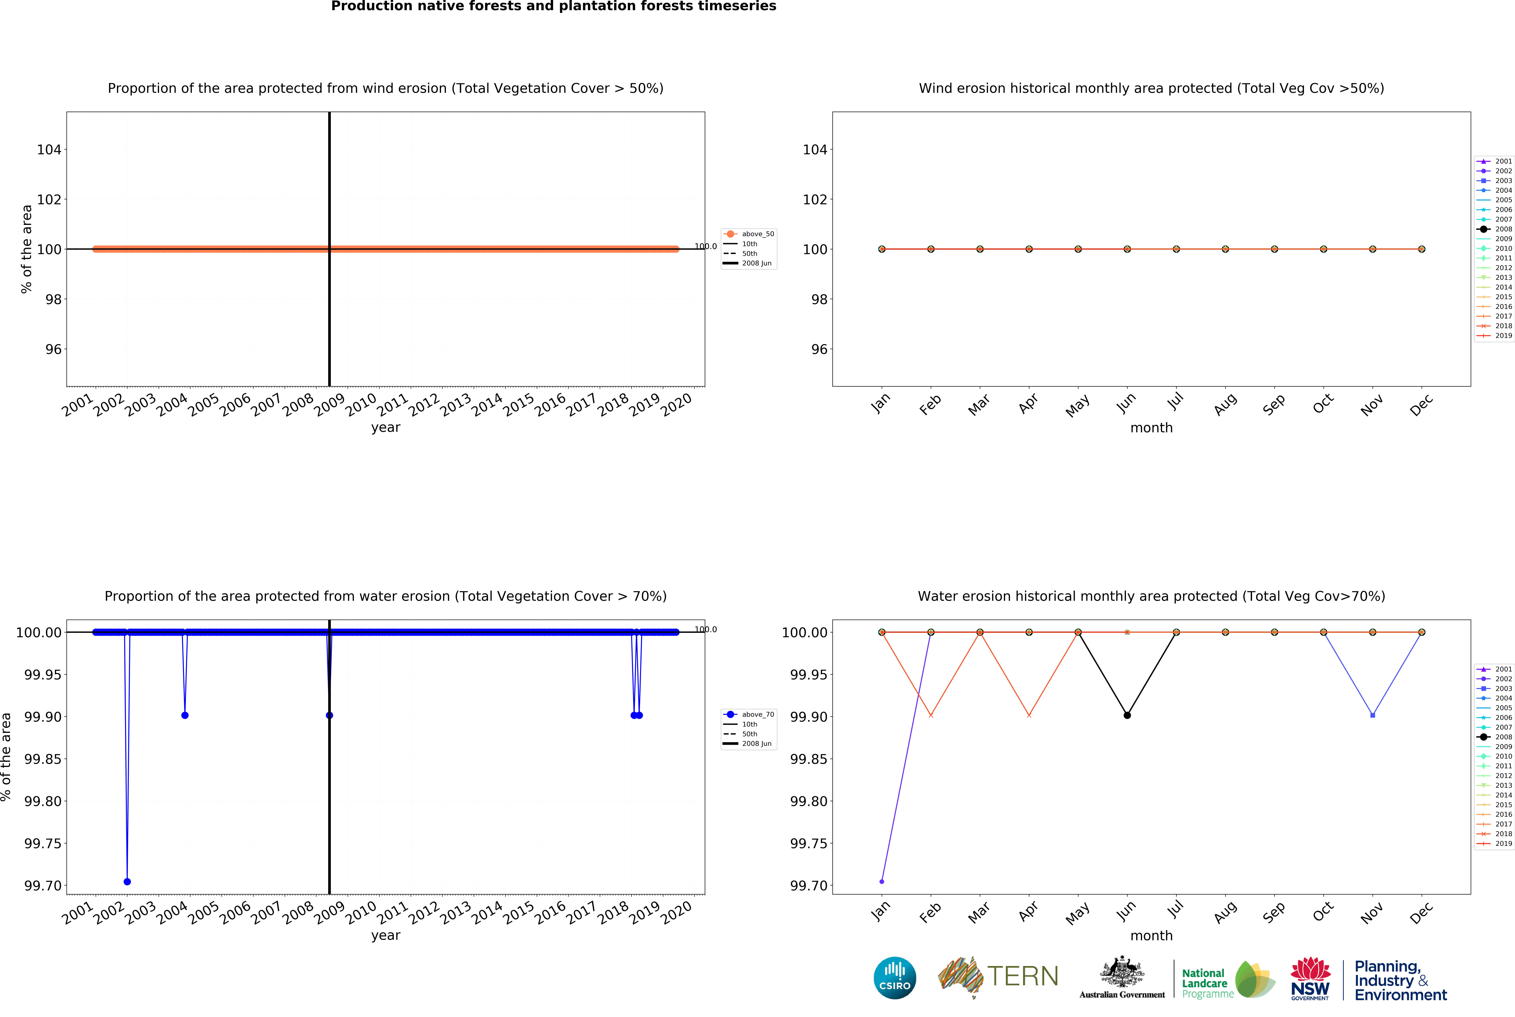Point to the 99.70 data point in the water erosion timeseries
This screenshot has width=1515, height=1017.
click(x=127, y=881)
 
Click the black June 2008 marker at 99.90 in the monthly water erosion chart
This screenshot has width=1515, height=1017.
click(x=1127, y=715)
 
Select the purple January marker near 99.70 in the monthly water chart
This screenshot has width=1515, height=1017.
click(x=881, y=881)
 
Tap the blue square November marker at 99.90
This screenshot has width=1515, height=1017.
click(x=1372, y=715)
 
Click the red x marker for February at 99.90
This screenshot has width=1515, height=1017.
click(x=931, y=715)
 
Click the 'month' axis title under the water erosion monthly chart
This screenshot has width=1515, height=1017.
click(x=1151, y=935)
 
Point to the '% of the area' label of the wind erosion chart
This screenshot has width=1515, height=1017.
click(x=27, y=249)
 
